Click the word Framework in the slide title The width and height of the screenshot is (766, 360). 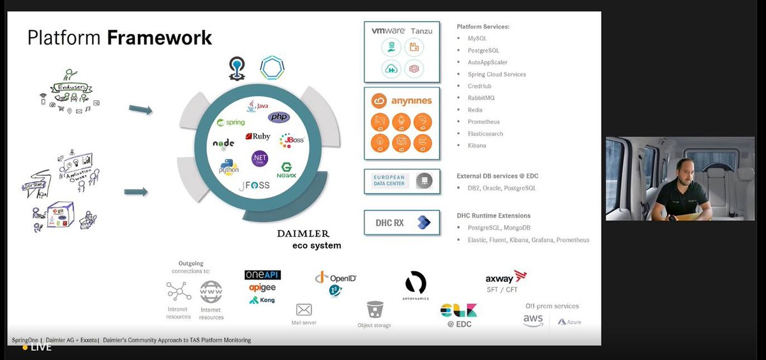160,38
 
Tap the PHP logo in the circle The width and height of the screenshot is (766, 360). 279,117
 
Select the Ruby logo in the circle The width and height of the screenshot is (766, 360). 258,136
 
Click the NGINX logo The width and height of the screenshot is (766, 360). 287,170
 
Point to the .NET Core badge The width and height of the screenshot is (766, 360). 259,159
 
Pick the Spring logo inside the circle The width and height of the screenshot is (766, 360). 231,122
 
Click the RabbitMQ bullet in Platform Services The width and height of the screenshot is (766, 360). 481,98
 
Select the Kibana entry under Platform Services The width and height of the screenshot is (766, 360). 477,146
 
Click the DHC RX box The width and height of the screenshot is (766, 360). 402,223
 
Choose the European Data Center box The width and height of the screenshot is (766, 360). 402,181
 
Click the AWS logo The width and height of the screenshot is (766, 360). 533,320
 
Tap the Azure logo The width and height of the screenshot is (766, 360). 569,322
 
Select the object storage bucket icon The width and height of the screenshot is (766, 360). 375,310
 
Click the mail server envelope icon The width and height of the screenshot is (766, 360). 304,310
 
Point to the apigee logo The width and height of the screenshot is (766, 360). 262,287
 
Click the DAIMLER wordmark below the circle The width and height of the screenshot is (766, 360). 303,234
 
